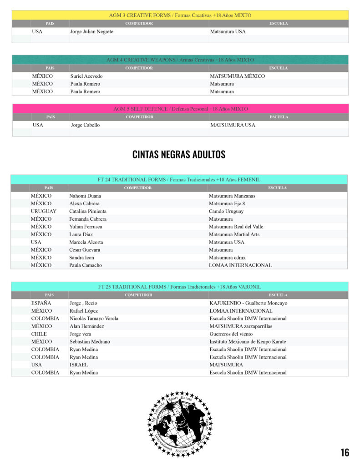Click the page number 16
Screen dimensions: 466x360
point(345,452)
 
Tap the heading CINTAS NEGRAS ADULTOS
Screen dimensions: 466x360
point(179,155)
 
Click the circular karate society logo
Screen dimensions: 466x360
point(180,424)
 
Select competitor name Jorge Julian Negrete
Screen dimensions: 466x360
point(92,31)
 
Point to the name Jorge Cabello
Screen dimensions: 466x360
point(85,125)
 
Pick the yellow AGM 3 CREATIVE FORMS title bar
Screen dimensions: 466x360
point(180,15)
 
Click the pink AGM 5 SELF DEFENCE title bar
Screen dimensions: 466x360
point(180,109)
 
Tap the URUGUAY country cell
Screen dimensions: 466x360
point(44,211)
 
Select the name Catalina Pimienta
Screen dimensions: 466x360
point(88,211)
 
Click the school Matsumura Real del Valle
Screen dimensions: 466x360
point(236,227)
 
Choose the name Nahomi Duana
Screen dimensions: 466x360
point(85,196)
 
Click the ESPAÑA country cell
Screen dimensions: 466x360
point(41,303)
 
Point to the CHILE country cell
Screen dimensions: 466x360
point(39,334)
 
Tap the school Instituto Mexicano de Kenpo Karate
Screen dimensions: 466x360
point(248,342)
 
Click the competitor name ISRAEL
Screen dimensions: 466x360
point(79,365)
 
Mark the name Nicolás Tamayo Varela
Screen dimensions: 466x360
point(94,319)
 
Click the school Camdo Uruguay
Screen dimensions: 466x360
point(226,211)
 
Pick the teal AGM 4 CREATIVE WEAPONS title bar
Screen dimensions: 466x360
point(180,60)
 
